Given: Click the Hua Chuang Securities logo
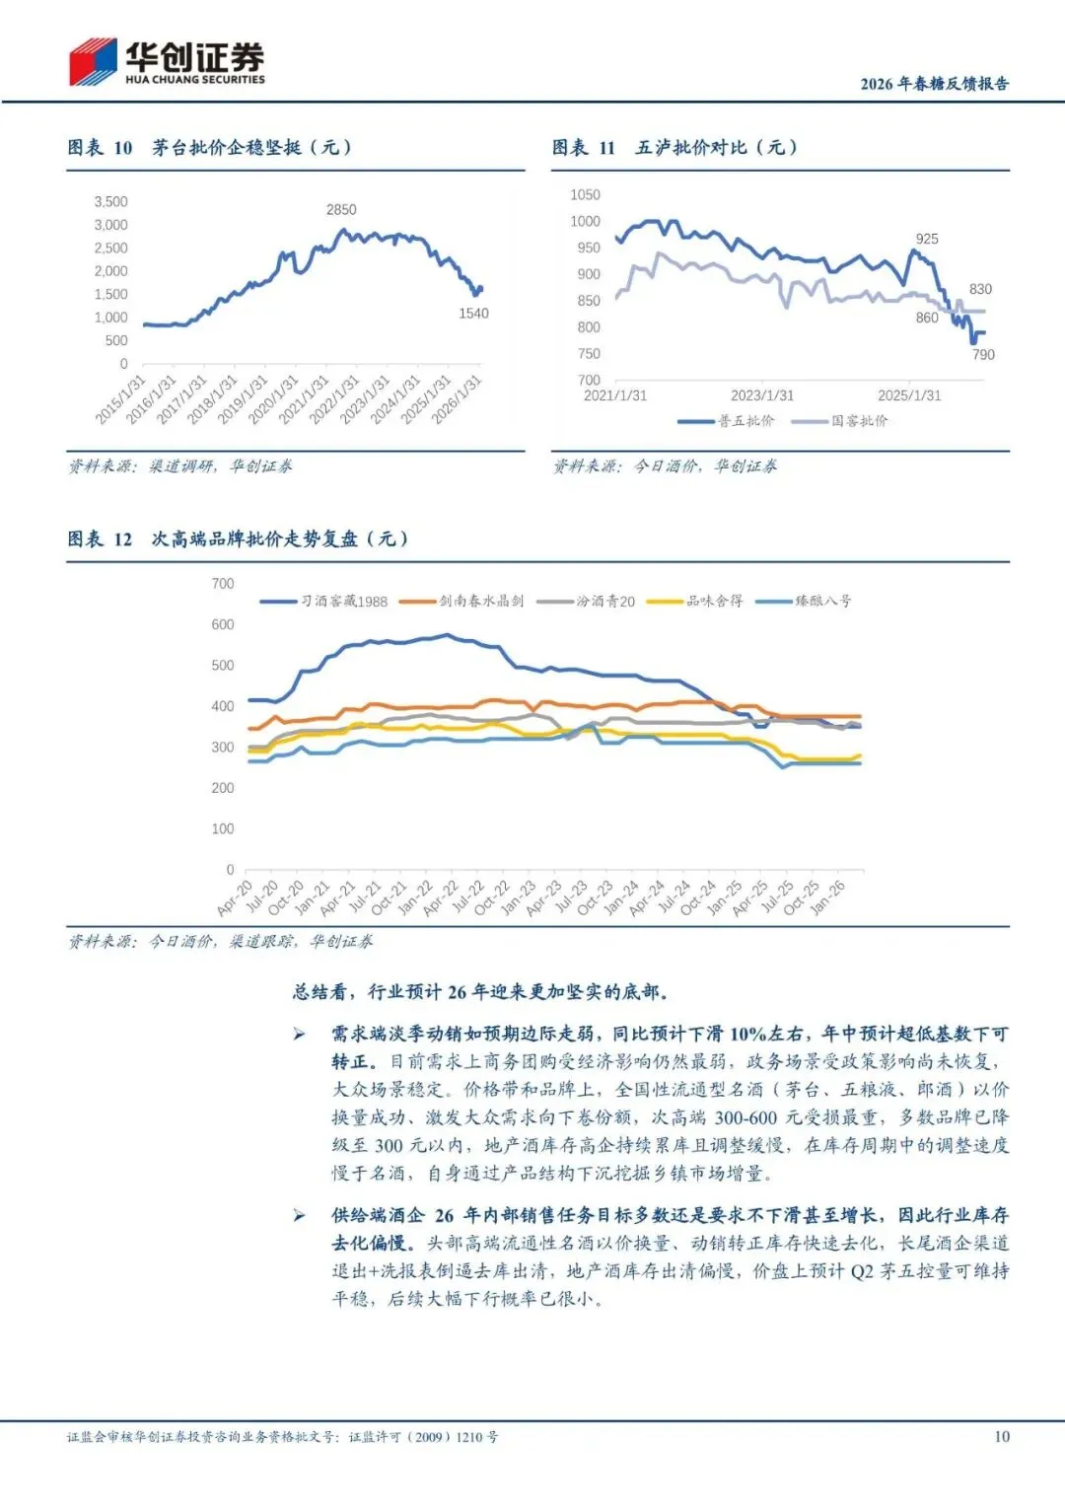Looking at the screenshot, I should (166, 61).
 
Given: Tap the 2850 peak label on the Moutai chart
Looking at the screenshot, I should (341, 210).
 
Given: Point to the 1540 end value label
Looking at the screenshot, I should (473, 314).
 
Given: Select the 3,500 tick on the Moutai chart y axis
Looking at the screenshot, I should (110, 202).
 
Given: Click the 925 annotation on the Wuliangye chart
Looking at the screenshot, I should (927, 240).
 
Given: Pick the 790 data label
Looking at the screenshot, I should (983, 355).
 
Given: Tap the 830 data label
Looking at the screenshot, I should (980, 290).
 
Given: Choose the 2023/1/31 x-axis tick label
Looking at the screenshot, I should (762, 395).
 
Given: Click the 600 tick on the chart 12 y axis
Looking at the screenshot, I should (223, 625).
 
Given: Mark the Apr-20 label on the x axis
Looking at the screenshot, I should (235, 898).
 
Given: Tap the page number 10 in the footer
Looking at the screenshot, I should (1002, 1437).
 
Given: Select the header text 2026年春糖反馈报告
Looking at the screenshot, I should (934, 84).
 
